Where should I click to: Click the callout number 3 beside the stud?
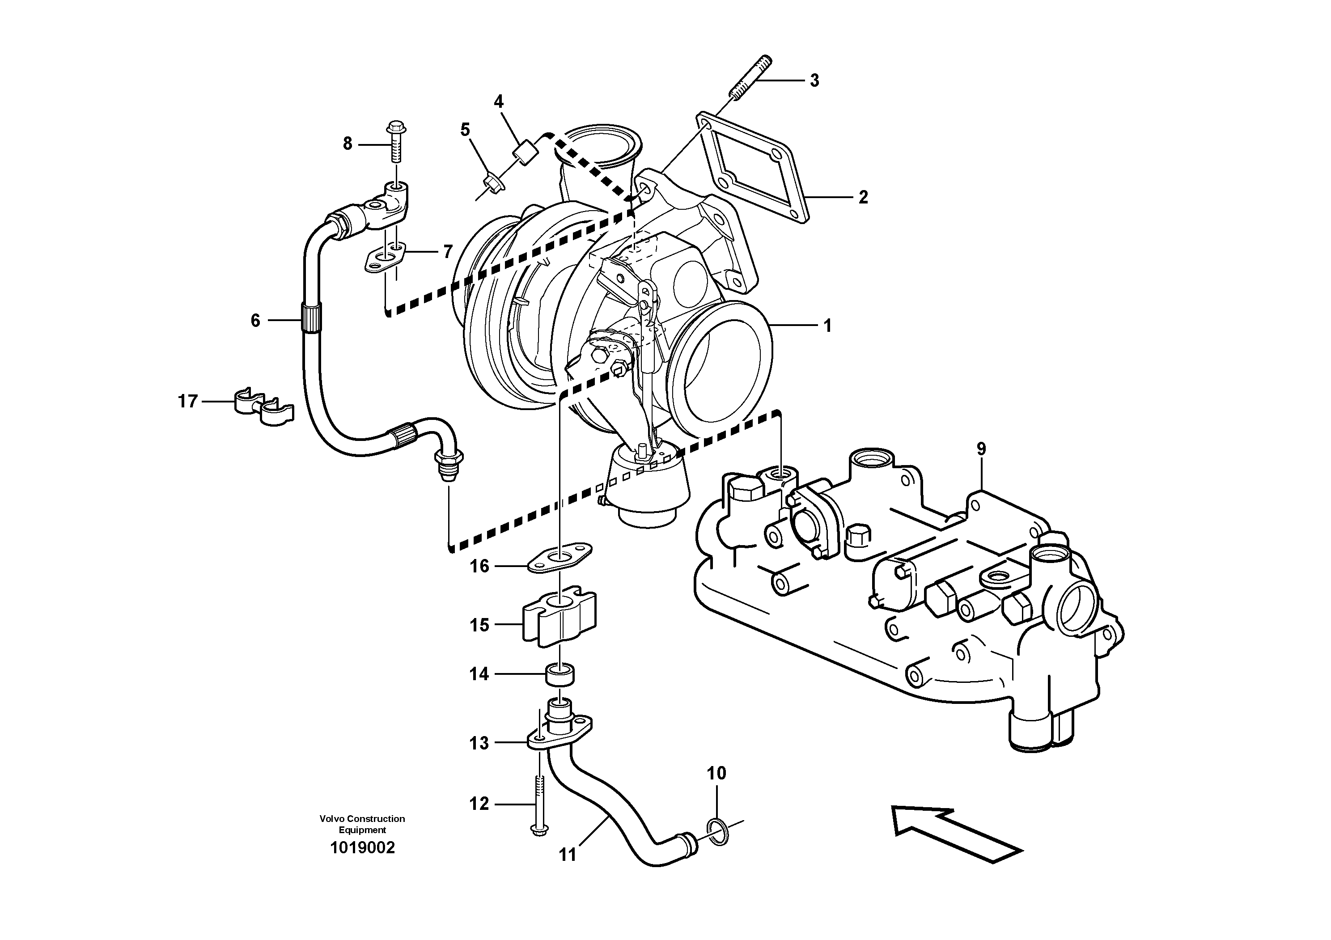814,80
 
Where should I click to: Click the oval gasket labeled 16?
560,558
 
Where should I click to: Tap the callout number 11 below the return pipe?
568,854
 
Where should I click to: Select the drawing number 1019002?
362,848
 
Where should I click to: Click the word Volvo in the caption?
331,818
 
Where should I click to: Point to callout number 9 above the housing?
981,449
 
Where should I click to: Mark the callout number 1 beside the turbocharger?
828,326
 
